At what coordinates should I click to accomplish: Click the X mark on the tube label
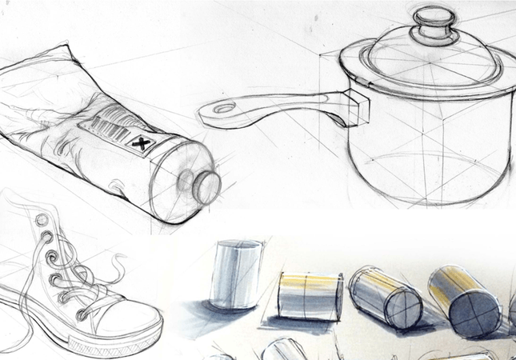coord(141,145)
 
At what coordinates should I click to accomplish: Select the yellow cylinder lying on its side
coord(310,296)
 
